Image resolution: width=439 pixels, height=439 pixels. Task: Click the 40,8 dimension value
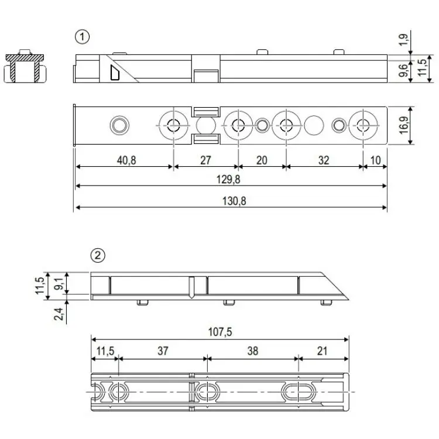tap(124, 160)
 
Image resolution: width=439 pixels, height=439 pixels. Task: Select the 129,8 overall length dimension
tap(231, 179)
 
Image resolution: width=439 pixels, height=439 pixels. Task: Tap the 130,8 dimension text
tap(231, 200)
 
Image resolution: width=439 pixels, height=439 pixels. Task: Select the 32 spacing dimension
tap(324, 160)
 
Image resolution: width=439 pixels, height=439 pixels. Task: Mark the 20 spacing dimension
tap(262, 160)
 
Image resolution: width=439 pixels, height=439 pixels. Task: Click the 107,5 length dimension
tap(220, 332)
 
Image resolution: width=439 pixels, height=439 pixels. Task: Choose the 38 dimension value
tap(252, 351)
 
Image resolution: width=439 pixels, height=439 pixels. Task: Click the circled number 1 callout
tap(83, 37)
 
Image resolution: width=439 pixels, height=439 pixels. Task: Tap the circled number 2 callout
tap(98, 255)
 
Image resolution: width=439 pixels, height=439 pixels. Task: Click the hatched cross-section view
tap(25, 67)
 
